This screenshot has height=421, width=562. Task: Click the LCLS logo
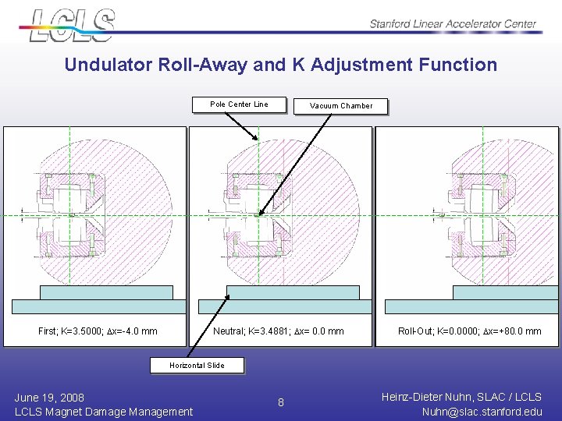coord(73,25)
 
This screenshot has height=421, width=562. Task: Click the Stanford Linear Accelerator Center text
coord(453,24)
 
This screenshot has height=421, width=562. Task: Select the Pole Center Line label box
coord(240,104)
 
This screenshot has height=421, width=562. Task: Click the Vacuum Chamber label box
coord(340,106)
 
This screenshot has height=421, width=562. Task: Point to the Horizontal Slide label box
coord(197,365)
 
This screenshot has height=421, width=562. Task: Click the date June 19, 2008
coord(49,398)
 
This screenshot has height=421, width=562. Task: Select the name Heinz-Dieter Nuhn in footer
coord(429,397)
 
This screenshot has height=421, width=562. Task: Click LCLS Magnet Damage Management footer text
coord(104,412)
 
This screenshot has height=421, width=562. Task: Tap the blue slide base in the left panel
coord(105,293)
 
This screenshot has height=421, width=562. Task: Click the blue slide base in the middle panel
coord(293,293)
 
